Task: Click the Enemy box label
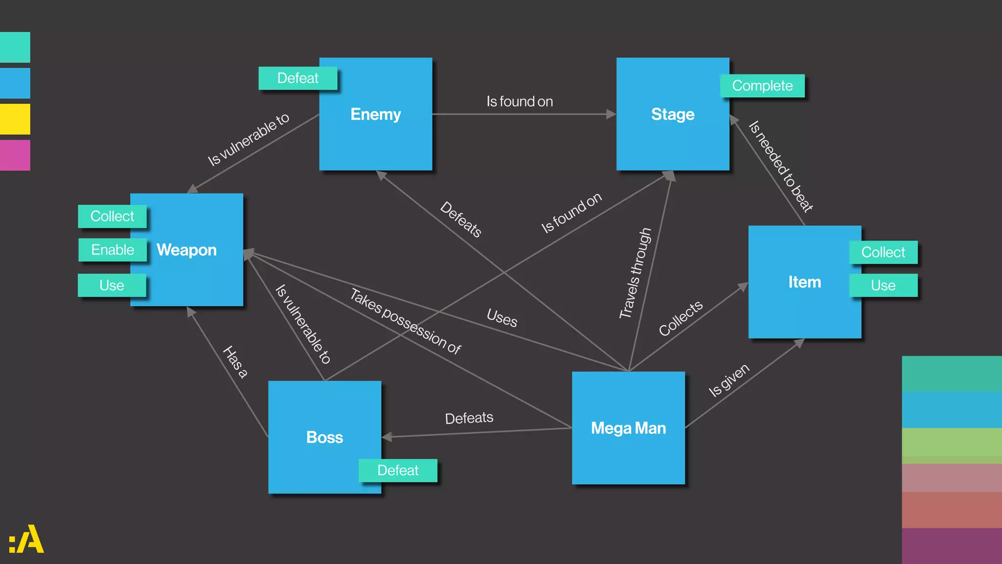click(375, 114)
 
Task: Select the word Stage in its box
click(672, 114)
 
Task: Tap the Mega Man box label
click(628, 428)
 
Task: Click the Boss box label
click(324, 437)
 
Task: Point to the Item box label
click(804, 282)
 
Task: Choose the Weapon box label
click(186, 250)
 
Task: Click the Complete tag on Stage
click(762, 86)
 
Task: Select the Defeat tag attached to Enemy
click(297, 78)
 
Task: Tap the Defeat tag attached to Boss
click(398, 470)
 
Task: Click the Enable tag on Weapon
click(113, 250)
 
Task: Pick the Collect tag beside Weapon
click(112, 216)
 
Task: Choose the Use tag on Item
click(883, 285)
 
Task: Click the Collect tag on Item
click(883, 252)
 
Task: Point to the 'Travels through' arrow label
click(635, 273)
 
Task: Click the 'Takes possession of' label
click(405, 321)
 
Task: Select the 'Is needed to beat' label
click(781, 166)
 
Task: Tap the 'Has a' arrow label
click(235, 362)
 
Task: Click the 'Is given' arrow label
click(729, 380)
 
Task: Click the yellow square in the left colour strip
click(15, 119)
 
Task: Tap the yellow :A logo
click(26, 540)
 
